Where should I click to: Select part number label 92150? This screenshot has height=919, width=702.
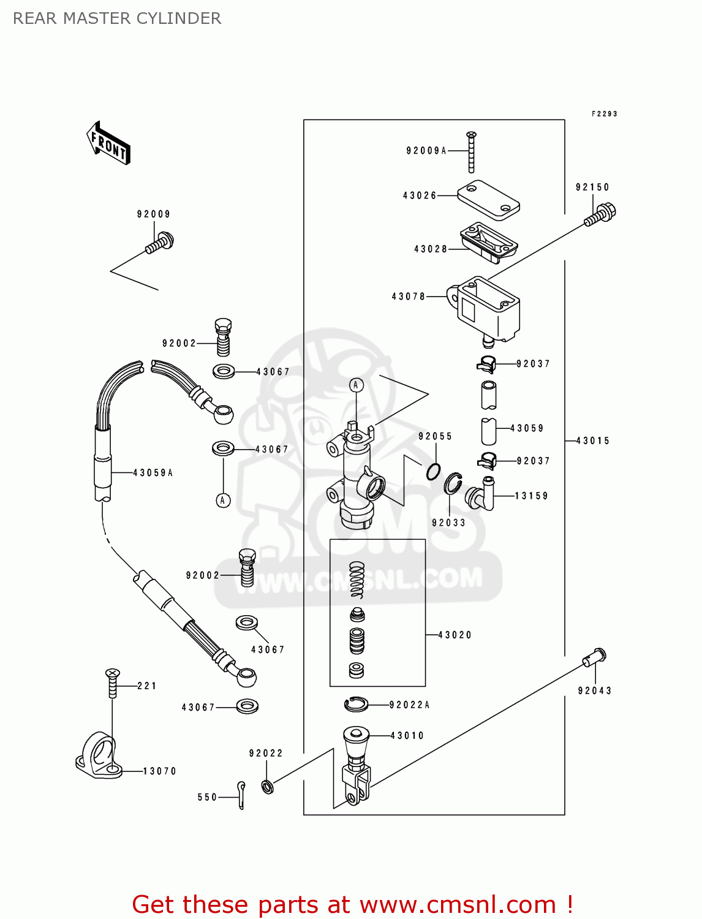pyautogui.click(x=592, y=187)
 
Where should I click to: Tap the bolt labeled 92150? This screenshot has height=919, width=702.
pyautogui.click(x=600, y=215)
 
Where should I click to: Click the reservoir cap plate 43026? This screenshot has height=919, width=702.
pyautogui.click(x=488, y=200)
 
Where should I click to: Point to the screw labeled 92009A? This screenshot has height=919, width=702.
pyautogui.click(x=471, y=152)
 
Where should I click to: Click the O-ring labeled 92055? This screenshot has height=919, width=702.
pyautogui.click(x=433, y=471)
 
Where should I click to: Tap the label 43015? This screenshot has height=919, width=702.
pyautogui.click(x=592, y=441)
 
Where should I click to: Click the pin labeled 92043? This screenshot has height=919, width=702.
pyautogui.click(x=594, y=657)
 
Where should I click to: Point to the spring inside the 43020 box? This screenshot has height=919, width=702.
pyautogui.click(x=357, y=580)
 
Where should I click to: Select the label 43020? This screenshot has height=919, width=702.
pyautogui.click(x=455, y=635)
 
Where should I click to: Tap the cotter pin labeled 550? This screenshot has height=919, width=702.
pyautogui.click(x=241, y=795)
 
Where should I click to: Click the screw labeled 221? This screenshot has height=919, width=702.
pyautogui.click(x=112, y=683)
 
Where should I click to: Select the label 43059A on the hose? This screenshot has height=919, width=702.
pyautogui.click(x=153, y=472)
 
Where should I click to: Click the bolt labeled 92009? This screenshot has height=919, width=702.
pyautogui.click(x=160, y=243)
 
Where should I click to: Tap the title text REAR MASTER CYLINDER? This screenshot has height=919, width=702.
pyautogui.click(x=117, y=18)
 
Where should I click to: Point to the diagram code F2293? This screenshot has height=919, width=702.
pyautogui.click(x=604, y=114)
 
